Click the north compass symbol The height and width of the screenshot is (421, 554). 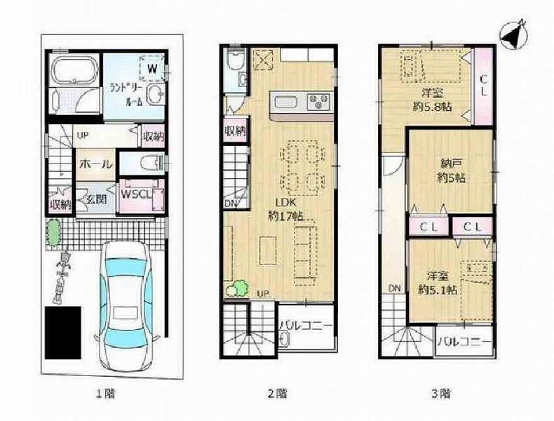tap(514, 34)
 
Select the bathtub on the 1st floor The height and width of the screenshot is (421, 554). tap(74, 71)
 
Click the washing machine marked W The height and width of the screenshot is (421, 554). tap(153, 68)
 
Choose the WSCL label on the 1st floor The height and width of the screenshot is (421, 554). tap(137, 194)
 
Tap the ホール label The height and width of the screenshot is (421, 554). tap(96, 164)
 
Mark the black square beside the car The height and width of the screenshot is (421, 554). tap(63, 333)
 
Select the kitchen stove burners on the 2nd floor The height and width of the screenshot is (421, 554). tap(318, 102)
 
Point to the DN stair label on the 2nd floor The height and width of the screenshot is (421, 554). tap(231, 203)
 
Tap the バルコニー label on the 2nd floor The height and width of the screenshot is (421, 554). tap(306, 325)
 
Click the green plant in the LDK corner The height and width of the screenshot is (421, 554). tap(236, 288)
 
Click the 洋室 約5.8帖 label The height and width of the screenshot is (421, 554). tap(433, 100)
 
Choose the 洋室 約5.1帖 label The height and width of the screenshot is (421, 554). tap(438, 283)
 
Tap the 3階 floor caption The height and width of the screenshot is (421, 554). tap(441, 393)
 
